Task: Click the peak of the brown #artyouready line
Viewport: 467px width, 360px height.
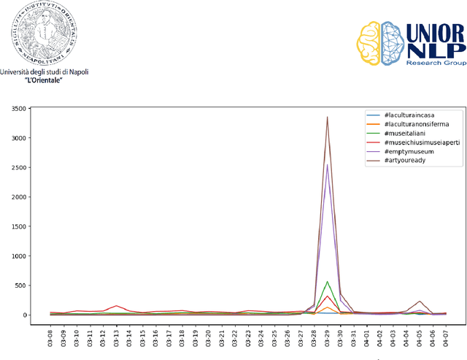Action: (327, 117)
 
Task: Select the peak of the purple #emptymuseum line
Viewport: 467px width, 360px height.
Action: (327, 164)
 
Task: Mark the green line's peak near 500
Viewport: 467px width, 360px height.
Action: (327, 282)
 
